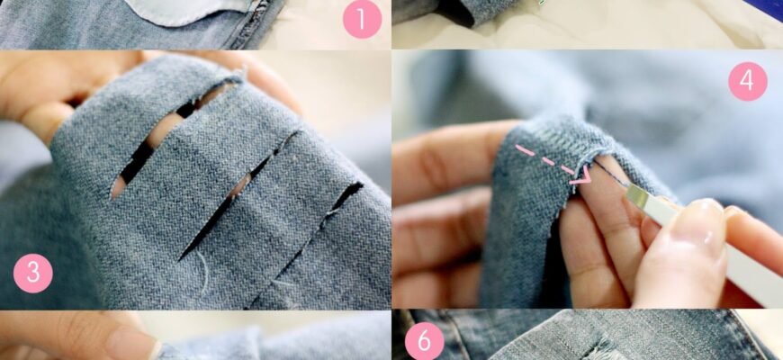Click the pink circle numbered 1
(362, 19)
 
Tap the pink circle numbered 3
(33, 273)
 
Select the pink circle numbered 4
(748, 81)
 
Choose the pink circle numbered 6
(424, 341)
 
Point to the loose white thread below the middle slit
(202, 271)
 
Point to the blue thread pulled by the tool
(610, 174)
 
